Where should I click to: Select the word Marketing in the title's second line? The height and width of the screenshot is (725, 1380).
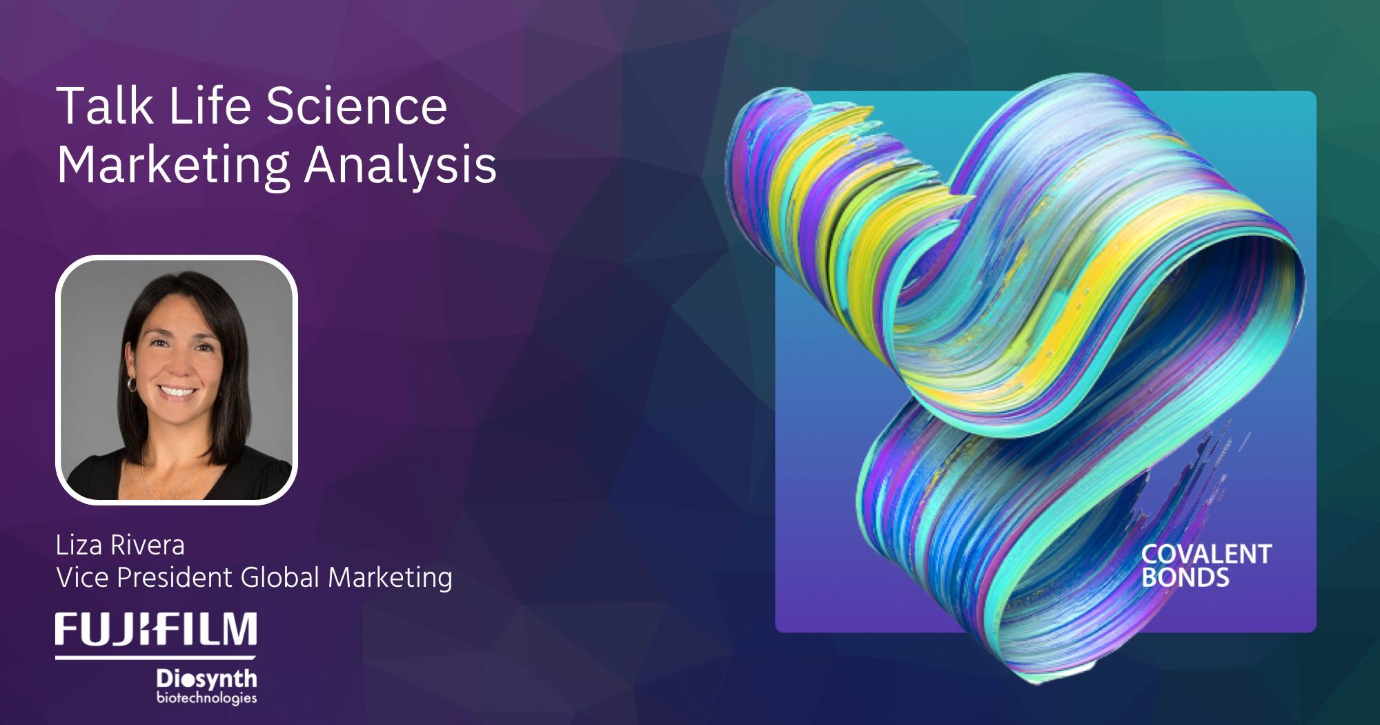tap(173, 166)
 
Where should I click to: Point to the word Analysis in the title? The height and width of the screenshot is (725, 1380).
tap(400, 166)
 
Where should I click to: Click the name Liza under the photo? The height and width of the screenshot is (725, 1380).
tap(79, 545)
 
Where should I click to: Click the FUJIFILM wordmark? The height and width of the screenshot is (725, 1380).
tap(157, 629)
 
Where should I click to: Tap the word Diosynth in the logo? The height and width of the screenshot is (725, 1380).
tap(206, 679)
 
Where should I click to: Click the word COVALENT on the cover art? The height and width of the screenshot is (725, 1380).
tap(1206, 554)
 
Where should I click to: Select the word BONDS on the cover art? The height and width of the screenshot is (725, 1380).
tap(1185, 577)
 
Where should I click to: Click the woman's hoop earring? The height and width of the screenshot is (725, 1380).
tap(131, 383)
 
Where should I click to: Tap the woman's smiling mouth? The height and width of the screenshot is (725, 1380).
tap(179, 391)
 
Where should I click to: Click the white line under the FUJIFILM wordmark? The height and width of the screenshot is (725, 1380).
tap(156, 657)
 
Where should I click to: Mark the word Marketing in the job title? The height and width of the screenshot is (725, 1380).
tap(390, 577)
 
